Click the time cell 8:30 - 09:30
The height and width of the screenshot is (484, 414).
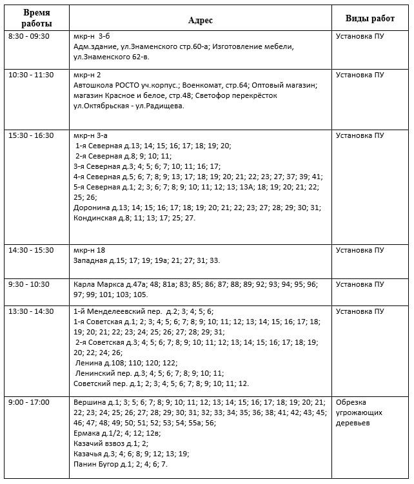pos(29,37)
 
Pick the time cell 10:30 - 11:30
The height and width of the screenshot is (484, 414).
pos(31,75)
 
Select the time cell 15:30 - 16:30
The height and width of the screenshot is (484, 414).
pos(31,135)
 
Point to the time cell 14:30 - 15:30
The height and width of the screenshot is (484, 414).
pos(31,250)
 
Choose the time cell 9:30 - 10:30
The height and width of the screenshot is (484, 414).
pos(29,284)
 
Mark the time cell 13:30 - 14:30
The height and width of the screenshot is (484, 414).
pos(31,311)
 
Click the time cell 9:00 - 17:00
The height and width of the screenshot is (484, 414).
pos(29,402)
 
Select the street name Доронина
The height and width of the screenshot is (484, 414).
pos(92,208)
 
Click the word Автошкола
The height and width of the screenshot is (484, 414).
pos(94,86)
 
